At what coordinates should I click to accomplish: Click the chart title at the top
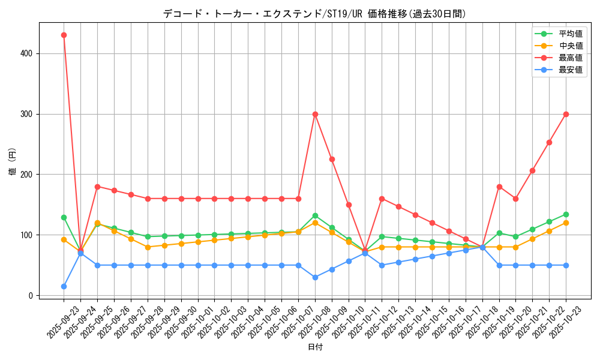[x=314, y=14]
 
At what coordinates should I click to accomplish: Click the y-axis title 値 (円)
[x=12, y=163]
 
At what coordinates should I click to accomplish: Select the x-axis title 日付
[x=315, y=347]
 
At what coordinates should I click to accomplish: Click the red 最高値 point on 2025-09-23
[x=64, y=35]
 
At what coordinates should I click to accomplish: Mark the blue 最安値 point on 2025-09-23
[x=64, y=286]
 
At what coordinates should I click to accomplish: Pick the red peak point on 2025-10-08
[x=315, y=114]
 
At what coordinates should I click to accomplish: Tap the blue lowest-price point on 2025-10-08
[x=315, y=277]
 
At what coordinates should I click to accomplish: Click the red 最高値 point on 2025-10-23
[x=566, y=114]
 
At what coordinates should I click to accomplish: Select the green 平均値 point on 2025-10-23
[x=566, y=214]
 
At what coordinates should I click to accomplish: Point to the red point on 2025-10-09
[x=332, y=159]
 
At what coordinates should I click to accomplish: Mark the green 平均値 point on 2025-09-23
[x=64, y=217]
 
